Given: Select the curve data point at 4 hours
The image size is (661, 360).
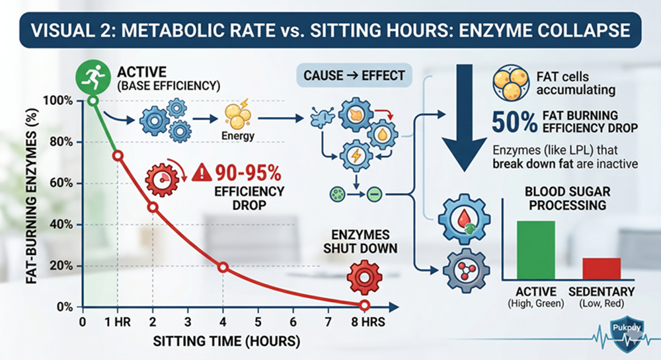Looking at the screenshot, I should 223,267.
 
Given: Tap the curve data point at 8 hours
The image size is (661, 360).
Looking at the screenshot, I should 364,305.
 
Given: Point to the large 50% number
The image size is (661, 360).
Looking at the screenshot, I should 514,123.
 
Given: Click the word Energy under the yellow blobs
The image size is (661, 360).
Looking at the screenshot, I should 237,136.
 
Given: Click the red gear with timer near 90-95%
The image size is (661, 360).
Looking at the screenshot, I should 163,178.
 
